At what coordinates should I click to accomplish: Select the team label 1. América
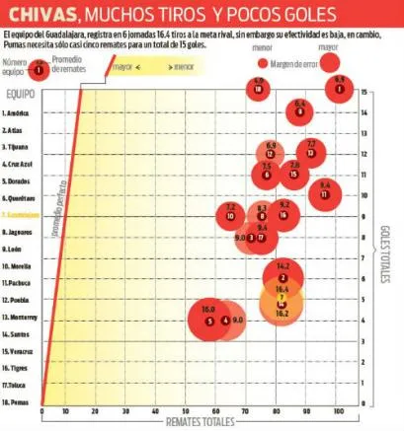[x=21, y=112]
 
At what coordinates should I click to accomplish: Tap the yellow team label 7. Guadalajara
[x=24, y=214]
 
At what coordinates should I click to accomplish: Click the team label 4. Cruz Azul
[x=22, y=164]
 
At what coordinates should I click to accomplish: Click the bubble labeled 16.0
[x=207, y=316]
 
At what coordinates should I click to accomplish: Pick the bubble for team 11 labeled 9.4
[x=325, y=191]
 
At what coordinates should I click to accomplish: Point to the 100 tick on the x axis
[x=338, y=409]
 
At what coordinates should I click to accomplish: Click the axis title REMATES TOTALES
[x=196, y=422]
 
